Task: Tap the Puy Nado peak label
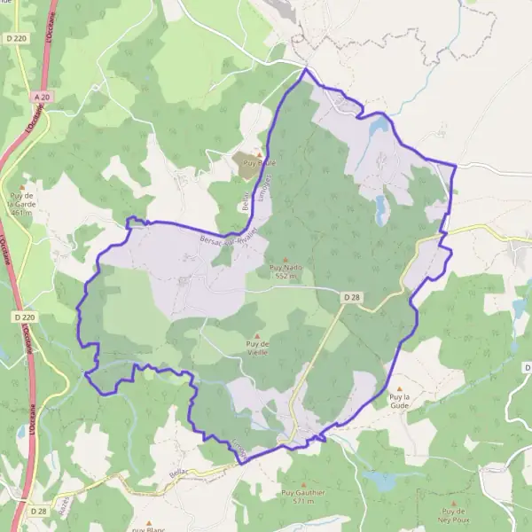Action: [286, 271]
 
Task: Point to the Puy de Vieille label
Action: [256, 348]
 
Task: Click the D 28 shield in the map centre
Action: [351, 296]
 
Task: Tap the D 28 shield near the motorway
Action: [38, 511]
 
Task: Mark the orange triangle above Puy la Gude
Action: [400, 388]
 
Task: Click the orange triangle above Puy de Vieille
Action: [256, 334]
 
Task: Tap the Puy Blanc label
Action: [150, 529]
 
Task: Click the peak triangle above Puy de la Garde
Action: [22, 186]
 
